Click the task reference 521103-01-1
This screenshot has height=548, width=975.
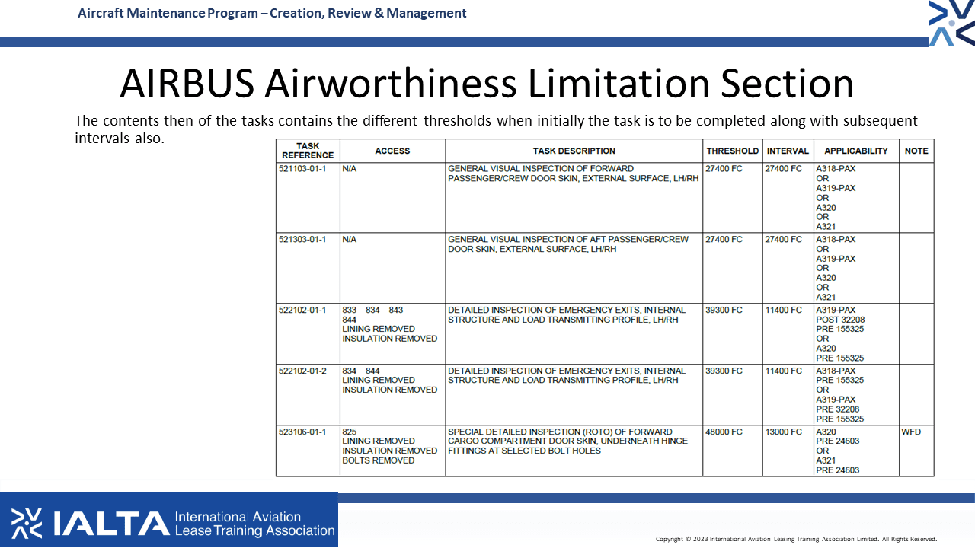[x=302, y=169]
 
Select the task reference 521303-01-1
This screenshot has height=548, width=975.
[x=302, y=240]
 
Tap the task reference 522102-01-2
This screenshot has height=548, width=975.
[x=302, y=371]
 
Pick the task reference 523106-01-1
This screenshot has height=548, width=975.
[x=302, y=432]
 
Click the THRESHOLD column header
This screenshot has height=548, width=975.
[x=733, y=151]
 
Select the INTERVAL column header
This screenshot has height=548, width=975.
[x=788, y=151]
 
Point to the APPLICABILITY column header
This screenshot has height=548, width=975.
[x=855, y=151]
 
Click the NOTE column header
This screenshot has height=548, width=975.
[x=916, y=151]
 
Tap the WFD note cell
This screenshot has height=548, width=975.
[x=911, y=432]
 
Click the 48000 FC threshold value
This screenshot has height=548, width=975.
[x=724, y=432]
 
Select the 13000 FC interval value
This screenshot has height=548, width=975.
[x=784, y=432]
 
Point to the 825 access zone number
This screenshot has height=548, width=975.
[x=349, y=432]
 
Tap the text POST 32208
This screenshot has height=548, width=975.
[x=840, y=320]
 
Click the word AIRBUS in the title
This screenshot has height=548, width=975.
[x=187, y=84]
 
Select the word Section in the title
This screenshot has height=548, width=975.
[x=787, y=84]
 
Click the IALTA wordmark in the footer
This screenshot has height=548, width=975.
[x=111, y=523]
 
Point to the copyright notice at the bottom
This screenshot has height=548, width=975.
[x=796, y=539]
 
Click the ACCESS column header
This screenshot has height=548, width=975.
[x=392, y=151]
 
